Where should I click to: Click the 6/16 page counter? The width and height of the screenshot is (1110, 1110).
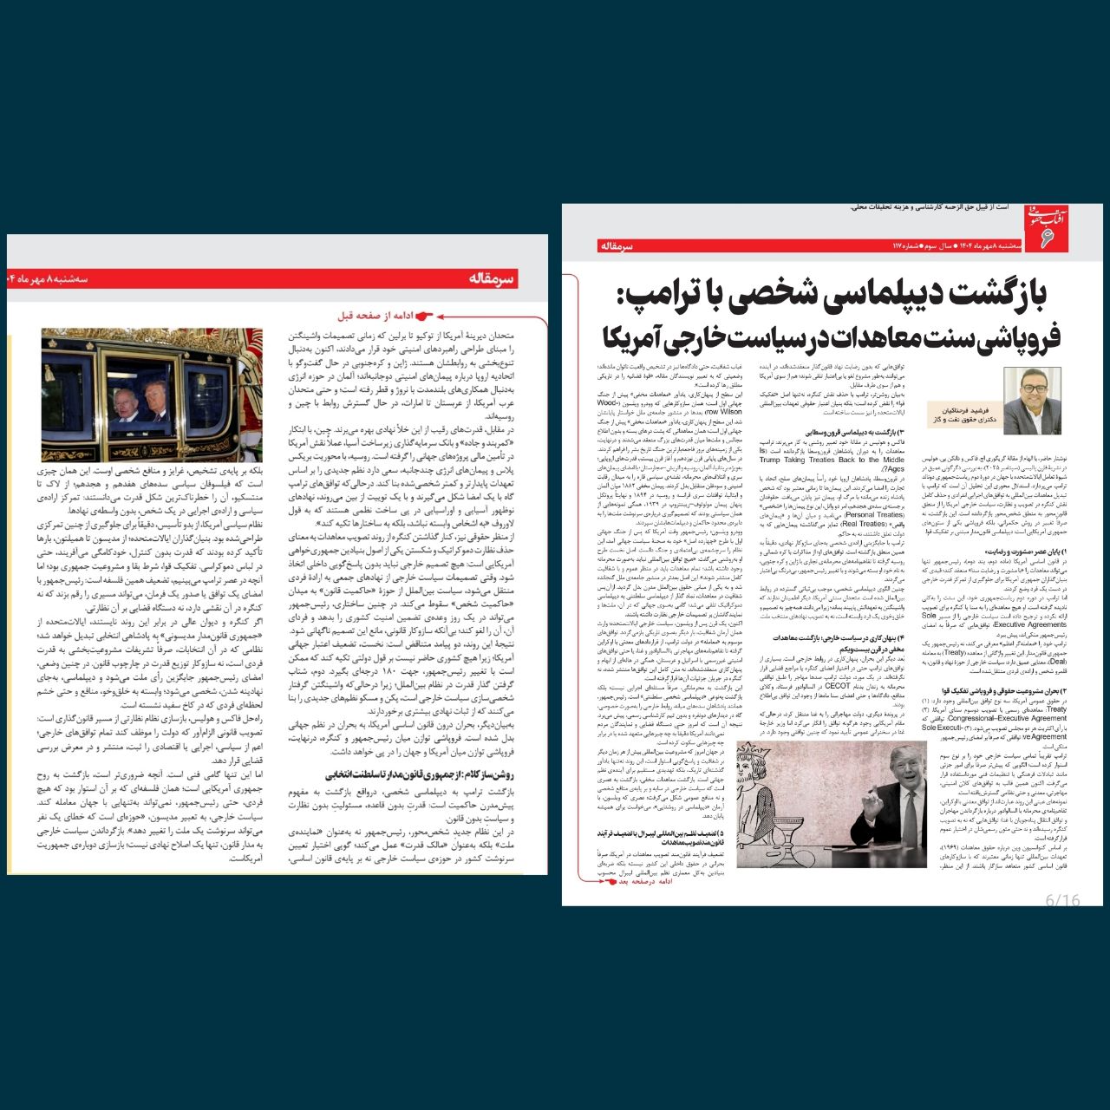[x=1062, y=900]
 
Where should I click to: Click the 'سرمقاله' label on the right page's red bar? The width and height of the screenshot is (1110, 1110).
[x=617, y=247]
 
